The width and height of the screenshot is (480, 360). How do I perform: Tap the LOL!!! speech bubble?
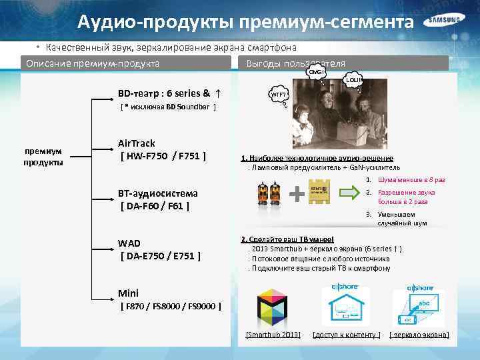click(353, 81)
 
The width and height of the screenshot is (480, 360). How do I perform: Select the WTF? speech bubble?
click(279, 95)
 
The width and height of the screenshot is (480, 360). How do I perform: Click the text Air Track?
click(136, 143)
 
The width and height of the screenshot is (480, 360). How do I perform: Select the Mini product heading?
click(128, 293)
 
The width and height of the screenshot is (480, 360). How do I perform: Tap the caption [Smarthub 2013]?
click(273, 333)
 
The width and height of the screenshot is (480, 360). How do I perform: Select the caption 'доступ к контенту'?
click(347, 333)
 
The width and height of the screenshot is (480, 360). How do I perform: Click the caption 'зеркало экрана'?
click(419, 333)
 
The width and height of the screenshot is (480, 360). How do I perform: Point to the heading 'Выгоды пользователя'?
click(295, 63)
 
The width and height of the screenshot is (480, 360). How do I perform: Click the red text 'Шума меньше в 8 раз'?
click(411, 180)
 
